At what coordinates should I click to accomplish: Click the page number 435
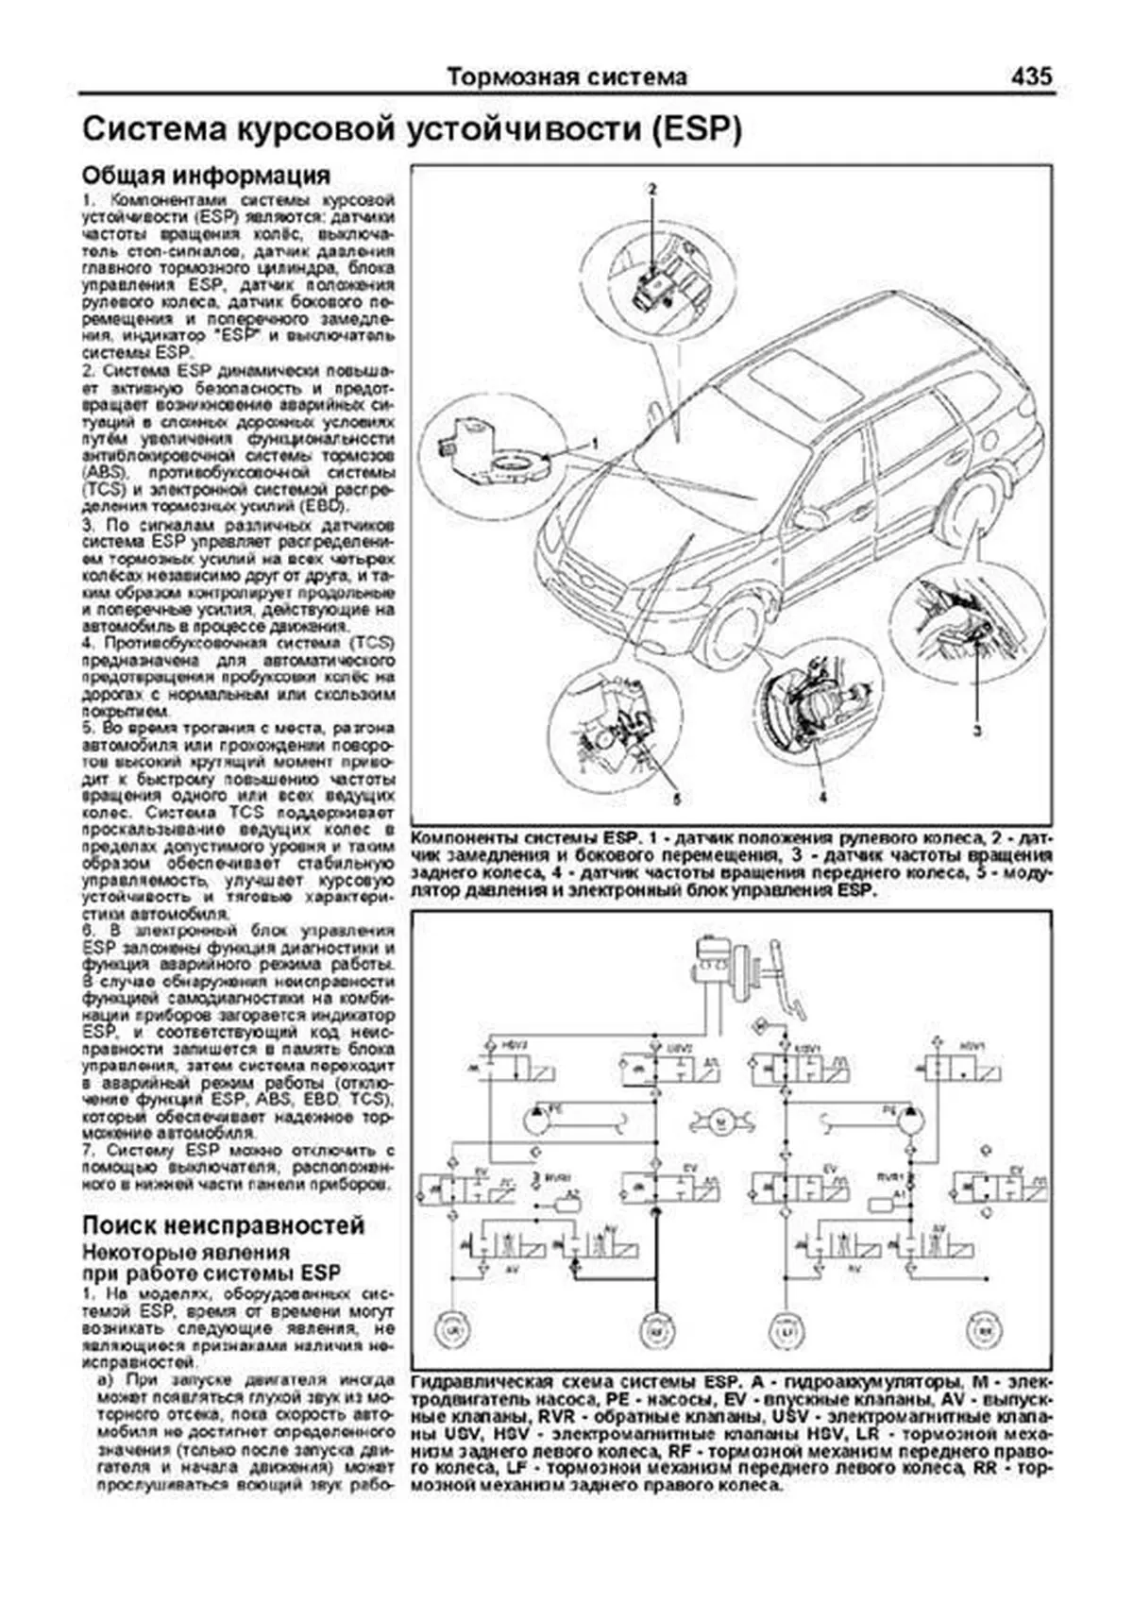(1030, 76)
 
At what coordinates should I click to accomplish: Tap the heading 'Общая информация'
(206, 176)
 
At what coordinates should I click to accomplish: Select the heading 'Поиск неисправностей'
(224, 1225)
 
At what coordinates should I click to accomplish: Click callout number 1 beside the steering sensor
(596, 442)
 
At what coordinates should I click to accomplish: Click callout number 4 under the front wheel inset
(823, 799)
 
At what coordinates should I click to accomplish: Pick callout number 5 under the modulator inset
(676, 799)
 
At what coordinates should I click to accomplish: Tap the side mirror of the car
(809, 518)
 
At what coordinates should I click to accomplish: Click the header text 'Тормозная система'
(566, 76)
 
